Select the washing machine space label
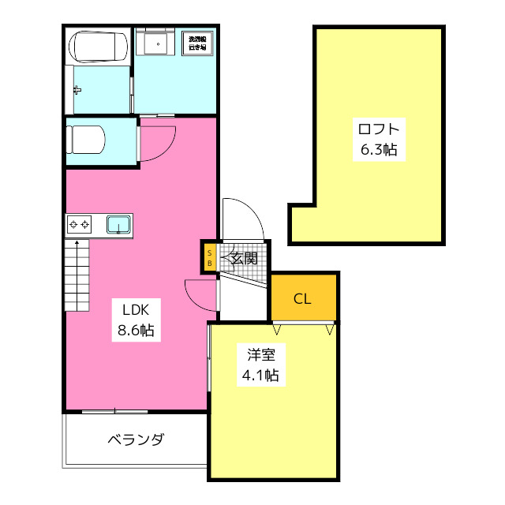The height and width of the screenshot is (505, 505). tap(196, 42)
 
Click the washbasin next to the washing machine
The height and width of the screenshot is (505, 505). tap(155, 43)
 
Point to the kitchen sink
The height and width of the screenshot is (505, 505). tap(118, 225)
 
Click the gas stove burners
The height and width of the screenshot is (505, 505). tap(80, 225)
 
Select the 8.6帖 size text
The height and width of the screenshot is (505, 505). tap(136, 331)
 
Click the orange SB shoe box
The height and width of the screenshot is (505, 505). tap(210, 257)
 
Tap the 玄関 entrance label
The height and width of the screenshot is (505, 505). tap(244, 258)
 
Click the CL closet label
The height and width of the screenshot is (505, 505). tap(302, 298)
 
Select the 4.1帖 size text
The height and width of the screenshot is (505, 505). tap(260, 376)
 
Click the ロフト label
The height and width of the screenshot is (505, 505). tap(378, 129)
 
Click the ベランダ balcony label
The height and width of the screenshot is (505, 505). tap(135, 440)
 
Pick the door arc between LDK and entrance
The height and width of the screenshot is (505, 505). tap(199, 294)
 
